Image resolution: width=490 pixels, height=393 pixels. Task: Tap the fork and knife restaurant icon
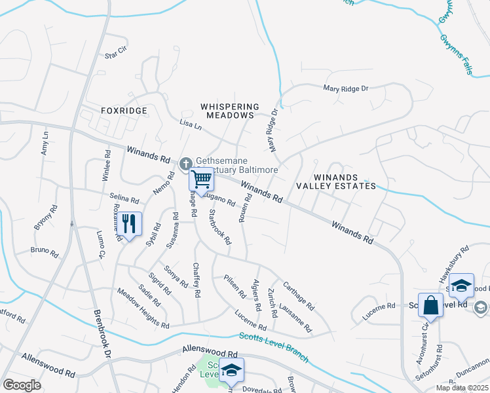coord(130,224)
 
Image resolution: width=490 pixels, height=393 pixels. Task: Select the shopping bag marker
coord(430,305)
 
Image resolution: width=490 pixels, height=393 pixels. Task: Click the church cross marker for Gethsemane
coord(185,162)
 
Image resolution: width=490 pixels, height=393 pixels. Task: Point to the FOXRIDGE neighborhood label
coord(124,111)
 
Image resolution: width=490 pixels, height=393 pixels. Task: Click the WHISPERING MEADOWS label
coord(229,111)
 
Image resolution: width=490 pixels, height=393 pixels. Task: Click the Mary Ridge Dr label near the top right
coord(346,88)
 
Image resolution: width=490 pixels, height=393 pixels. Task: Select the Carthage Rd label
coord(298,296)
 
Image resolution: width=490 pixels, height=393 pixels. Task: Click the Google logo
coord(22,385)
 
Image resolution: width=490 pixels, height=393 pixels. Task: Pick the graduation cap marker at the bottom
coord(231,371)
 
